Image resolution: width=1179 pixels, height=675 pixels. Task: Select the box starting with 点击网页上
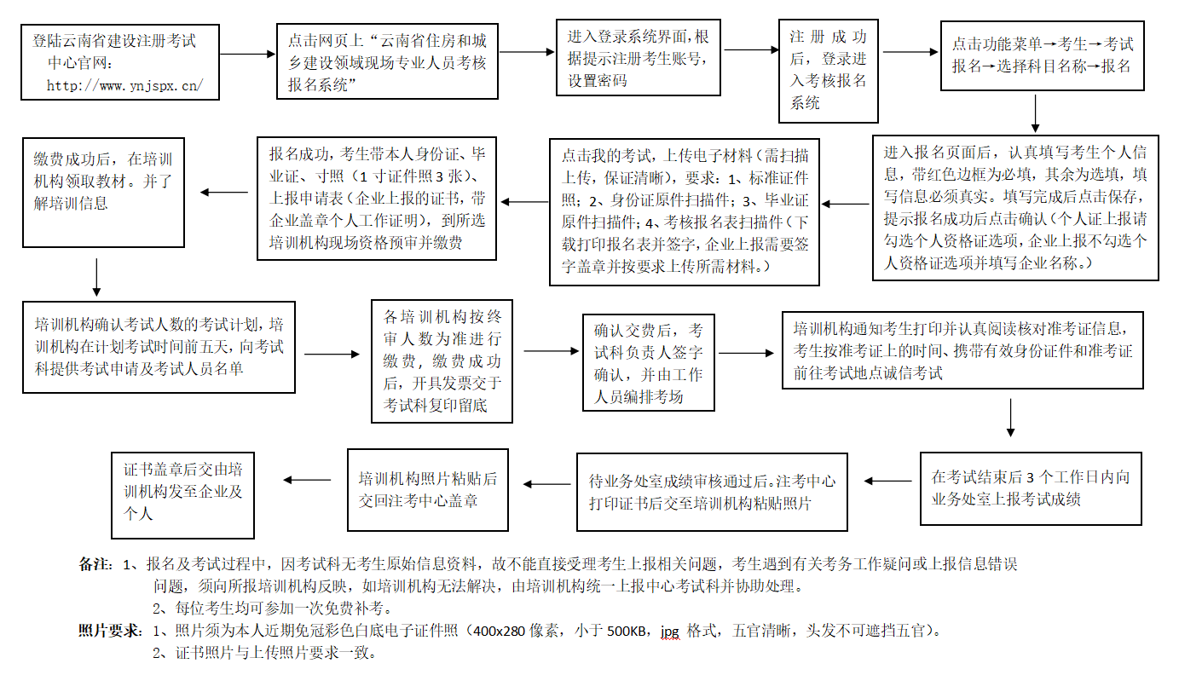click(387, 61)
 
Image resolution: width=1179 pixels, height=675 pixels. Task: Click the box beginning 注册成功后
click(828, 70)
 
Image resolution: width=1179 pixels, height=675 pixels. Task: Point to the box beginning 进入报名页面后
click(1014, 208)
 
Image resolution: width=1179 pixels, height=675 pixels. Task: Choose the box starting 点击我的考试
click(685, 212)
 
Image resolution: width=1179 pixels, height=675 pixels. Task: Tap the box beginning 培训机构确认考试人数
click(159, 347)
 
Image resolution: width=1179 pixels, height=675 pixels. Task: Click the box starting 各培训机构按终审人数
click(442, 361)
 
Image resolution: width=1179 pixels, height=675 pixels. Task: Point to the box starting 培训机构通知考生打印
click(962, 350)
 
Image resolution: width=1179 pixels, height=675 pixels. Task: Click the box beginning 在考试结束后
click(1031, 487)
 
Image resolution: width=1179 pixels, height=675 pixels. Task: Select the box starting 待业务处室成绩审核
click(712, 492)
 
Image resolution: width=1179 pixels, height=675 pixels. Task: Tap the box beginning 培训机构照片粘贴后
click(427, 489)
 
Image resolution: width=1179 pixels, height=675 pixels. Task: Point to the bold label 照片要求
click(108, 631)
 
